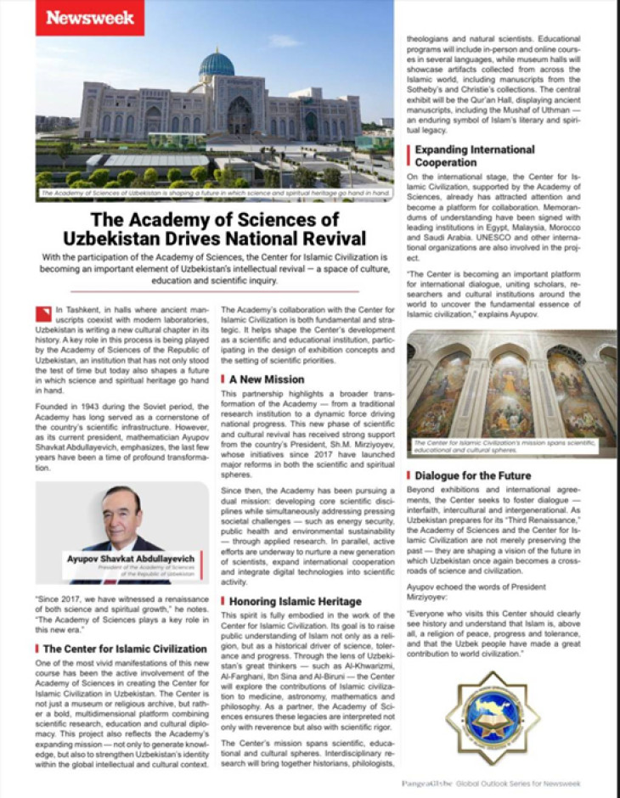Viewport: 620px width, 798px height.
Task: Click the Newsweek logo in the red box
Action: tap(89, 17)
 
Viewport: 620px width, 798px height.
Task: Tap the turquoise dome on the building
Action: tap(216, 65)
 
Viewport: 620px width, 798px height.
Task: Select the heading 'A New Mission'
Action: tap(268, 379)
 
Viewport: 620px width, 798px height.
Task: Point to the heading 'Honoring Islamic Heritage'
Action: tap(294, 602)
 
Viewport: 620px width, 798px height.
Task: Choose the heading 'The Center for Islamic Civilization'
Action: tap(126, 649)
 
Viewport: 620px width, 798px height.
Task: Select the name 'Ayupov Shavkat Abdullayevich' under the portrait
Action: tap(130, 559)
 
